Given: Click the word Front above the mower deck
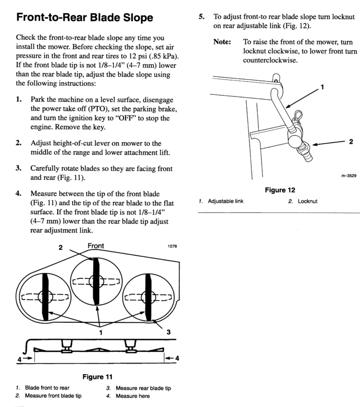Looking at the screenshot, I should (x=95, y=246).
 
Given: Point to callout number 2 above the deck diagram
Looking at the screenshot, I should (x=61, y=247).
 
